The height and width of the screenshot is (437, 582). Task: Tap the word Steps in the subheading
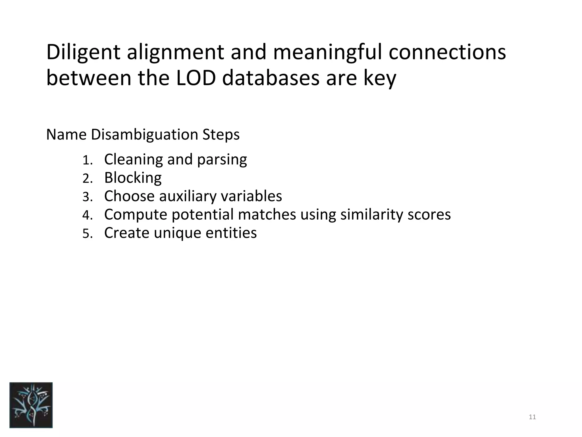click(221, 135)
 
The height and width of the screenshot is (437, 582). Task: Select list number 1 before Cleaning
click(87, 160)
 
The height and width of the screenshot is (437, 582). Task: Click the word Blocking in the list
click(133, 178)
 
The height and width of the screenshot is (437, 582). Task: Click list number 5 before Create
click(87, 234)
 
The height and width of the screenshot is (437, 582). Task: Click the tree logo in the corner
click(31, 405)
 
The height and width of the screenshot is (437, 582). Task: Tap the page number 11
click(532, 417)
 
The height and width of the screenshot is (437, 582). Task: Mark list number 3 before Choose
click(87, 197)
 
